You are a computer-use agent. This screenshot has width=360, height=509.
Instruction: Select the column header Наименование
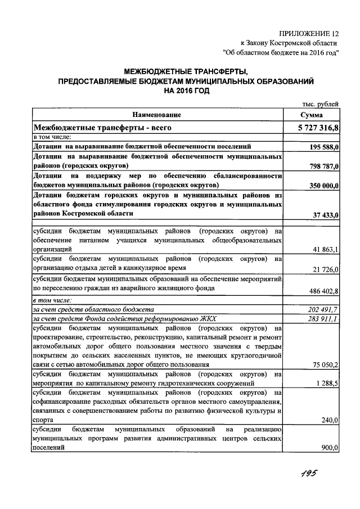157,115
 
